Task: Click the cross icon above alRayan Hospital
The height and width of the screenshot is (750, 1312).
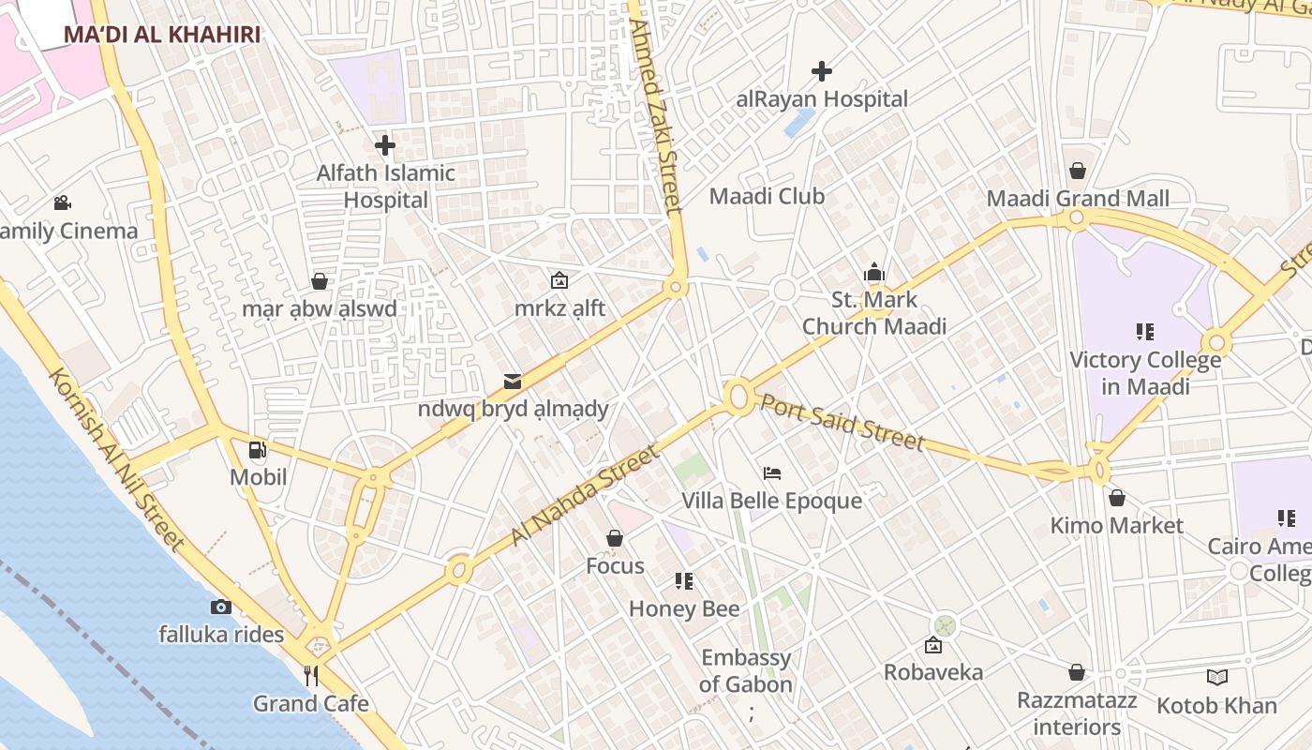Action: pyautogui.click(x=822, y=71)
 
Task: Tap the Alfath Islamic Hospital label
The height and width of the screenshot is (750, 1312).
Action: pyautogui.click(x=385, y=186)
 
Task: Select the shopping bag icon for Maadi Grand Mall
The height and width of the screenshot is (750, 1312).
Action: pyautogui.click(x=1078, y=171)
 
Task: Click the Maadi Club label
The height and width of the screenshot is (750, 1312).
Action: pyautogui.click(x=767, y=196)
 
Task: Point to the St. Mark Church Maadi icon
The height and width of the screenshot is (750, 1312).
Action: pyautogui.click(x=874, y=273)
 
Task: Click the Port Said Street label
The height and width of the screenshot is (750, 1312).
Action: pyautogui.click(x=842, y=422)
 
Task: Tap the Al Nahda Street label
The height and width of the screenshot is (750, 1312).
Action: pyautogui.click(x=585, y=497)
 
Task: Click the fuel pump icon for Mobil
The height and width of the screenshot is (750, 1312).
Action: pyautogui.click(x=258, y=450)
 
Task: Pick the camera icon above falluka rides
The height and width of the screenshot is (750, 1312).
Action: pyautogui.click(x=221, y=607)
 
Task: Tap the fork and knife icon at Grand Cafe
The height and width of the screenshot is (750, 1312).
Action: pyautogui.click(x=311, y=675)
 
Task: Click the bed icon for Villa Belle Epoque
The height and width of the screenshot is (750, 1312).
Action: pyautogui.click(x=772, y=472)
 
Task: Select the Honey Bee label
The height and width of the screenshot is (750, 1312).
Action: pyautogui.click(x=684, y=608)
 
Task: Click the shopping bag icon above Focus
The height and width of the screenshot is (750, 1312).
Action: pyautogui.click(x=615, y=538)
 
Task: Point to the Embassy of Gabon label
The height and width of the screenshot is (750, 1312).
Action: pyautogui.click(x=746, y=671)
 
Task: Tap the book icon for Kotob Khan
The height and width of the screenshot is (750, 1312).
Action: pyautogui.click(x=1216, y=677)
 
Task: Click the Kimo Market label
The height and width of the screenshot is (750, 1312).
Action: pyautogui.click(x=1116, y=525)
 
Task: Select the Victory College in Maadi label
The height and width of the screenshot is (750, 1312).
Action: pyautogui.click(x=1145, y=373)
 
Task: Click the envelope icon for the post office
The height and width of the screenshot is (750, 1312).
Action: pyautogui.click(x=513, y=381)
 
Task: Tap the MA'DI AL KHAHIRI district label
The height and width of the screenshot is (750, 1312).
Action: pyautogui.click(x=162, y=35)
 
